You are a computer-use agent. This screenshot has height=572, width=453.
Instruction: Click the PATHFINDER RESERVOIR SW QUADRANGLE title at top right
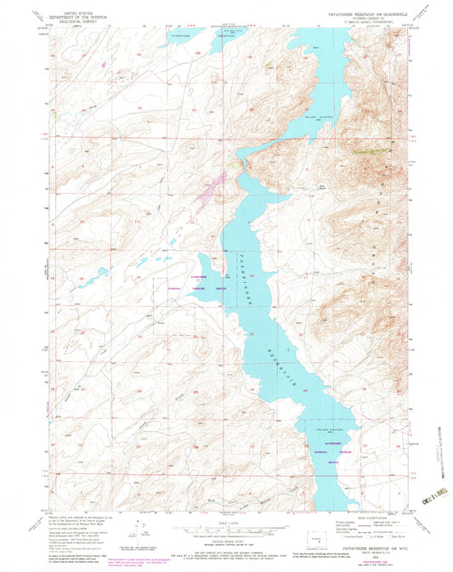click(x=357, y=14)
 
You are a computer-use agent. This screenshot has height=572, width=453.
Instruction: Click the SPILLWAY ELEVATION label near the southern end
click(x=317, y=431)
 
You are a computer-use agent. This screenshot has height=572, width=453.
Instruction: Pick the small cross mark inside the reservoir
click(x=290, y=349)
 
